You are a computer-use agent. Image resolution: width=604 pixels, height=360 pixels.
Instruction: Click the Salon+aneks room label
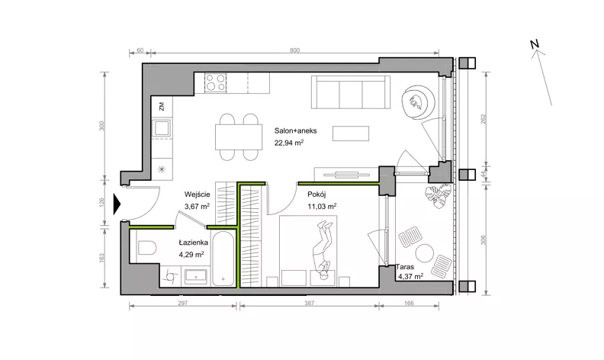coord(295,130)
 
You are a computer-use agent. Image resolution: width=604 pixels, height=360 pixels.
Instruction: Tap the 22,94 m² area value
coord(289,143)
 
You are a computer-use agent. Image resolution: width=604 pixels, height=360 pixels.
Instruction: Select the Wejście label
coord(197,194)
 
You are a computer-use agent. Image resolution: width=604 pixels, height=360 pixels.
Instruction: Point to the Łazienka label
coord(194,243)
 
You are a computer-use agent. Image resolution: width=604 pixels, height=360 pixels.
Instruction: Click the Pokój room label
coord(316,194)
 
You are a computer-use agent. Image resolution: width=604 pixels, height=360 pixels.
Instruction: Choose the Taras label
coord(406,267)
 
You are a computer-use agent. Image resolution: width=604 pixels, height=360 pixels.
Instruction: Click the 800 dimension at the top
coord(294,50)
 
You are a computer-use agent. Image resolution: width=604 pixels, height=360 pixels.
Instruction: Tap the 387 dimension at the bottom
coord(310,303)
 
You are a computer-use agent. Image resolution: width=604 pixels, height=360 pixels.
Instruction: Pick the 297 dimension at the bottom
coord(182,303)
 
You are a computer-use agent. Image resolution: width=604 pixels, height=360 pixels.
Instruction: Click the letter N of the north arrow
coord(534,44)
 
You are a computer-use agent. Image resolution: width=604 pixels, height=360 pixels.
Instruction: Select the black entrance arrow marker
coord(117,204)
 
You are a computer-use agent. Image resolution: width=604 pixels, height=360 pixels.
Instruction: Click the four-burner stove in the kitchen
coord(215,82)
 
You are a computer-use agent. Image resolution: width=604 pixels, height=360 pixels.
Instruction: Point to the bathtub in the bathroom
coord(223,259)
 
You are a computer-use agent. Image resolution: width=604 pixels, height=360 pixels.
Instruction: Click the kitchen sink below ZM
coord(162,127)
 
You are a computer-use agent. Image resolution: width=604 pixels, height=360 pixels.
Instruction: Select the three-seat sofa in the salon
coord(351,92)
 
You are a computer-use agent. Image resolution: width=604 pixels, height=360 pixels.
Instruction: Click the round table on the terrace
coord(425,254)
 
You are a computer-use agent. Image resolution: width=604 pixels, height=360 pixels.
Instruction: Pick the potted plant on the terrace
coord(438,195)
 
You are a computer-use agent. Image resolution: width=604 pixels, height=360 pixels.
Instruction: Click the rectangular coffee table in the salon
coord(351,133)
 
